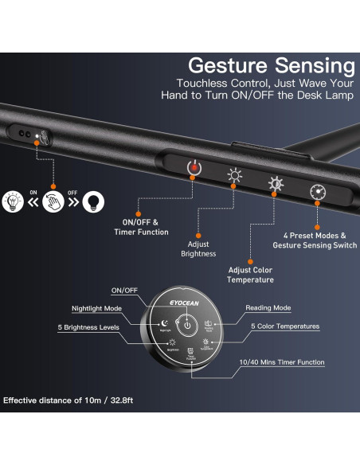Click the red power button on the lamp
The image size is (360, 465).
click(x=192, y=167)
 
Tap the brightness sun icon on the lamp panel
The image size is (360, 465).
click(x=234, y=176)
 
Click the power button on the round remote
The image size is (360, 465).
click(x=185, y=326)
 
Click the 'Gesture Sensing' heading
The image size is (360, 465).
click(x=271, y=64)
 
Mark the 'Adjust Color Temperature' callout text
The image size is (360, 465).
click(x=250, y=275)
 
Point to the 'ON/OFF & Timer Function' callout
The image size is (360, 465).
click(x=145, y=227)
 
